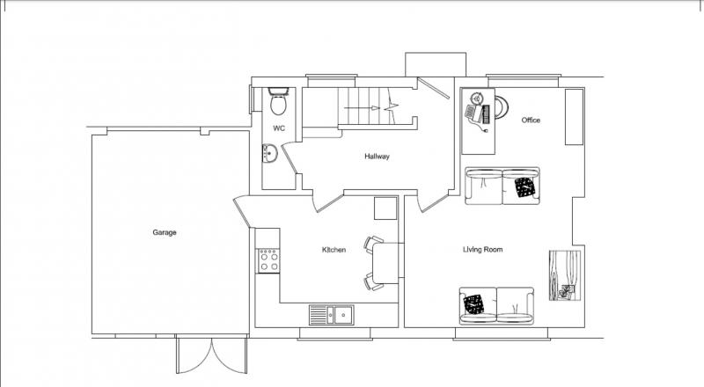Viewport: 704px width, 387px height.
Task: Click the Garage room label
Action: pos(165,232)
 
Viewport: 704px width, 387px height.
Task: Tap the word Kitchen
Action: pos(334,250)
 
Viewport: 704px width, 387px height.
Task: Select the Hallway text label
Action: pos(377,157)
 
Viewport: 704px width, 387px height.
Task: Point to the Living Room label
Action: pos(482,250)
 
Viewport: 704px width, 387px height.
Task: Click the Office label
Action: pos(531,120)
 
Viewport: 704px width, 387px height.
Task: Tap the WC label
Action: pos(279,128)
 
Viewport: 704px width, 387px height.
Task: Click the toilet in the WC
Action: pos(278,101)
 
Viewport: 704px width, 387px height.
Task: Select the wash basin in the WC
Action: pos(270,154)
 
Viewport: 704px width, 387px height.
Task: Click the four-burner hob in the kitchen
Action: pos(268,261)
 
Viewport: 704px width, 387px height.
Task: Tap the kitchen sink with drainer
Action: pos(332,314)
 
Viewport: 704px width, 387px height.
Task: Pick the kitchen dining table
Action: pos(385,263)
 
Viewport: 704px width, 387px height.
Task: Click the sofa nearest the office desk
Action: pos(502,186)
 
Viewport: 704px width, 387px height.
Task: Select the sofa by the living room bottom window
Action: pos(496,306)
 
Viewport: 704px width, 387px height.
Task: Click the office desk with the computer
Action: pos(478,121)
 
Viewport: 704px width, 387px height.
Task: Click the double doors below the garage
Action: pos(211,355)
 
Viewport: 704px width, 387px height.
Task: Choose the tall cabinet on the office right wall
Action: pos(574,117)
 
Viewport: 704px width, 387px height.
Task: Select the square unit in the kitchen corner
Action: pos(385,208)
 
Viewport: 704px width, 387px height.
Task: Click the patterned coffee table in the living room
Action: pos(565,275)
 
